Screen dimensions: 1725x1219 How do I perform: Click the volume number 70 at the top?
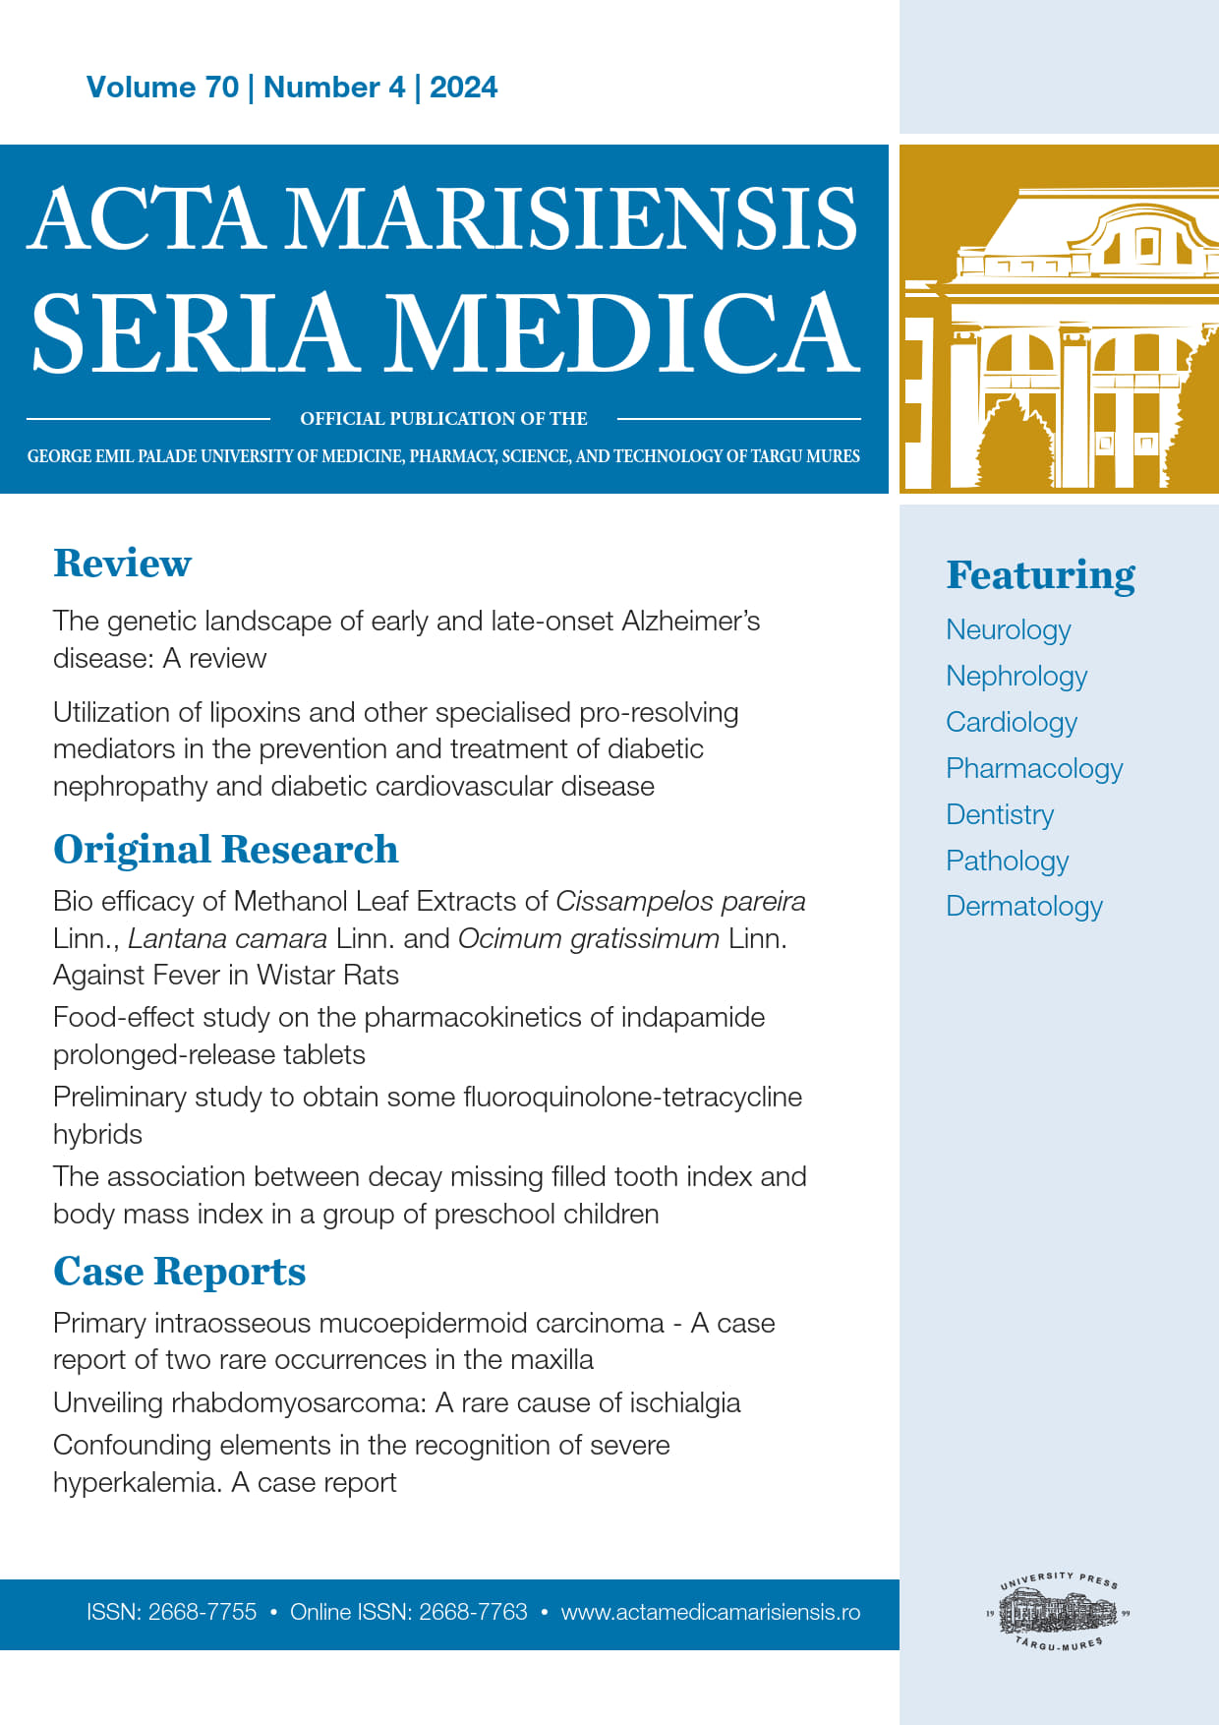(221, 88)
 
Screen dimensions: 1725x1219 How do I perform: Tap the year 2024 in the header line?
(463, 88)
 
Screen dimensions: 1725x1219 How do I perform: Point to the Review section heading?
(122, 564)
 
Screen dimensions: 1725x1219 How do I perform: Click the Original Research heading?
(225, 850)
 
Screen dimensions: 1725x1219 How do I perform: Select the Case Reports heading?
(179, 1272)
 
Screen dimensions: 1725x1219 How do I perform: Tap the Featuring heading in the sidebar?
(1040, 575)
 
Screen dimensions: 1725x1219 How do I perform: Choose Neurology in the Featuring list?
(1008, 629)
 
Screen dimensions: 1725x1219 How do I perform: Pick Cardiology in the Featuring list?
(1011, 722)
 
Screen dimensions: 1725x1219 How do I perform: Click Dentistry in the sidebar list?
(999, 814)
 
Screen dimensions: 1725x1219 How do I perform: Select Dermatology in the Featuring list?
(1023, 906)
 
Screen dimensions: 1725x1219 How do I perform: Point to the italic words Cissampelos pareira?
(680, 902)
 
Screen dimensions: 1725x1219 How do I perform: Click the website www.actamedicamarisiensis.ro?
(710, 1613)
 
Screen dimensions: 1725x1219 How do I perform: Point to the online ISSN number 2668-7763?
(473, 1613)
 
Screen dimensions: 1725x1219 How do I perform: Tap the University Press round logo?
(1059, 1613)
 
